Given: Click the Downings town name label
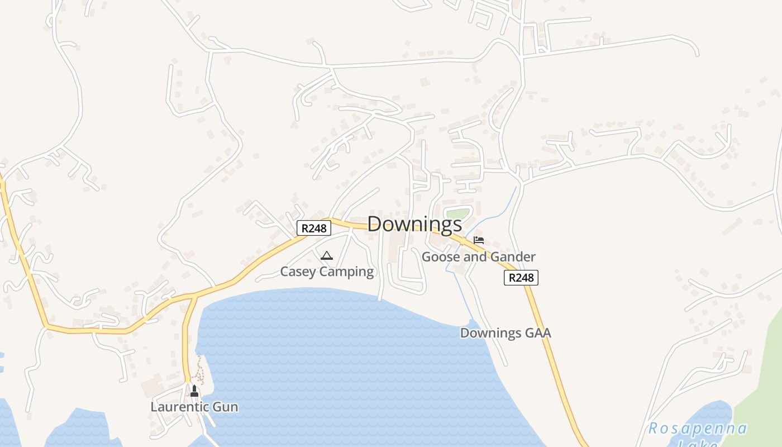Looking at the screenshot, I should point(414,224).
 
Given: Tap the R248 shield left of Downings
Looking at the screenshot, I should point(313,228).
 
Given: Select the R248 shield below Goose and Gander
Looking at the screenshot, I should point(521,278).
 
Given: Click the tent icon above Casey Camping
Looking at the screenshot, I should point(327,256).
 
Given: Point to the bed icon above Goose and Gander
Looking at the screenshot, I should point(479,240).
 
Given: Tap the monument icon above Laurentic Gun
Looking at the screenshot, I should point(194,391).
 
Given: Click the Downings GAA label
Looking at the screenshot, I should point(505,333).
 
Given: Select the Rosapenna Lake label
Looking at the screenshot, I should point(697,430).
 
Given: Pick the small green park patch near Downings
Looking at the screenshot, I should point(457,213).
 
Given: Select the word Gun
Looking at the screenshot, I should point(225,407).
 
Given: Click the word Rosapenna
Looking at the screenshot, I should point(697,429).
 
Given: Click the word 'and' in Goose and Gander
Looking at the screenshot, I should point(474,257).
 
